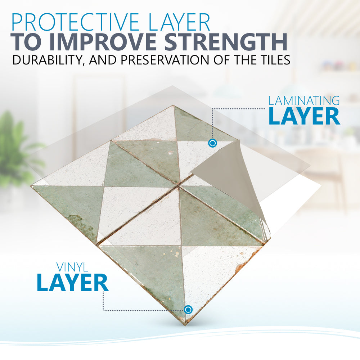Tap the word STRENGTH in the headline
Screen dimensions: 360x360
226,42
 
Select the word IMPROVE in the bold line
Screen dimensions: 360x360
104,42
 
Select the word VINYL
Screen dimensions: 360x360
72,267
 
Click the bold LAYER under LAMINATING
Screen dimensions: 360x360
304,116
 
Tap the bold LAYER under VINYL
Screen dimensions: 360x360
73,282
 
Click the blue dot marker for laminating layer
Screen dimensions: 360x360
212,143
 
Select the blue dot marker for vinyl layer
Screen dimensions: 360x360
188,310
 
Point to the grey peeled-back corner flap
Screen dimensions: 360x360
232,177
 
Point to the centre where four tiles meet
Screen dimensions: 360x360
179,185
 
